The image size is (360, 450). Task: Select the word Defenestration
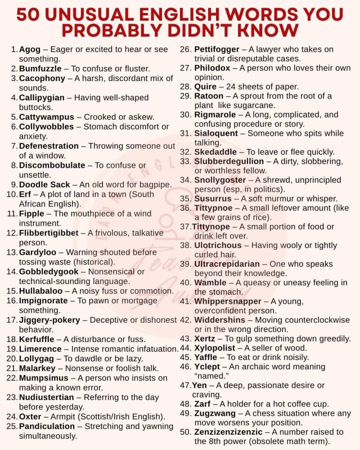click(49, 146)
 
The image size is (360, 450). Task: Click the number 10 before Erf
click(12, 194)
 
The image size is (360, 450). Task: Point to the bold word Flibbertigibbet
click(52, 233)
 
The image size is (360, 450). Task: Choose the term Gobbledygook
click(49, 272)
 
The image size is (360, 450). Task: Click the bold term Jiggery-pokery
click(49, 320)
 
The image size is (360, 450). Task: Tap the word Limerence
click(40, 349)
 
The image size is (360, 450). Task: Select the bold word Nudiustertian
click(46, 397)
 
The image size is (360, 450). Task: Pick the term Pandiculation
click(47, 426)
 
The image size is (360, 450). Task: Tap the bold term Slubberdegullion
click(229, 161)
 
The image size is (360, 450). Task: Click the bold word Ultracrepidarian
click(227, 264)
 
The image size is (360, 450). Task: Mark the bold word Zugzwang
click(215, 413)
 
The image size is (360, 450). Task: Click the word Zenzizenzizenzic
click(228, 432)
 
